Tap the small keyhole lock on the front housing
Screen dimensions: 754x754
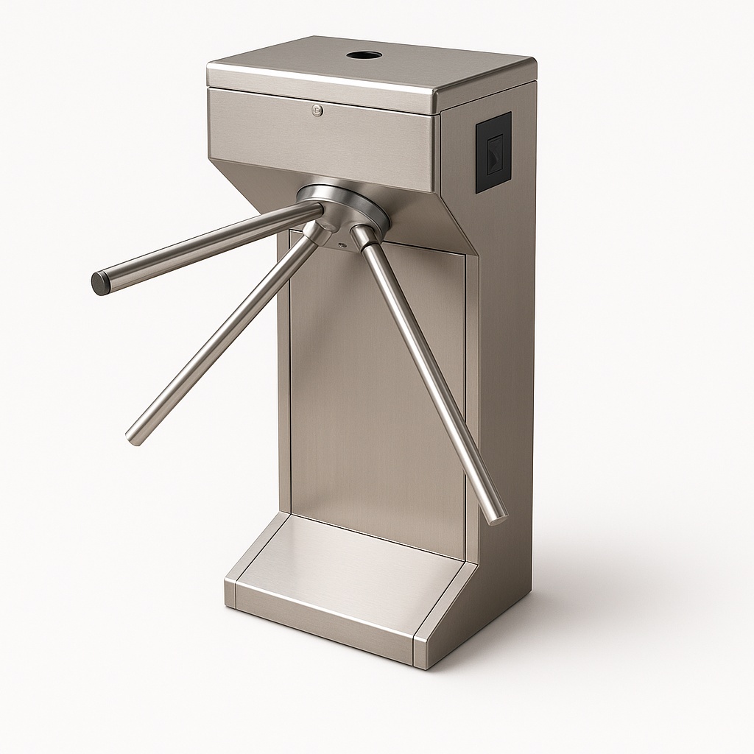(x=317, y=111)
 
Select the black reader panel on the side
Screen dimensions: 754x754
(x=493, y=152)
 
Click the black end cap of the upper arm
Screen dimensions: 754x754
(x=100, y=283)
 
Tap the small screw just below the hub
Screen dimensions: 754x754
(x=341, y=244)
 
